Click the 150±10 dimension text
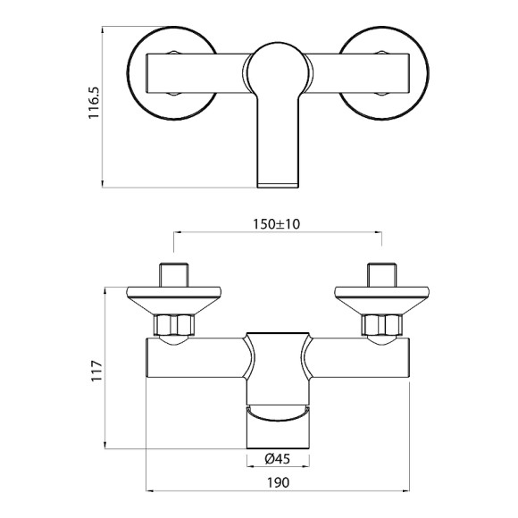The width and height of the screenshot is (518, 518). tap(277, 222)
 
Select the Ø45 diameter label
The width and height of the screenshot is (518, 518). tap(279, 460)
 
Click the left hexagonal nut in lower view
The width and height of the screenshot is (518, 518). tap(173, 325)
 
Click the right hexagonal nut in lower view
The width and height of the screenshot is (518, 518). tap(382, 325)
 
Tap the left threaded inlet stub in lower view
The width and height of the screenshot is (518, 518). tap(172, 272)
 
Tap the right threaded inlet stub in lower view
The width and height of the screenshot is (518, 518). tap(382, 272)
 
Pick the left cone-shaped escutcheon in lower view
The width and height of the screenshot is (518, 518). tap(172, 298)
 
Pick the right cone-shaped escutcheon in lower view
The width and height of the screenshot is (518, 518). tap(382, 298)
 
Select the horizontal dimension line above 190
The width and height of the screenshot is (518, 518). tap(278, 490)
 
